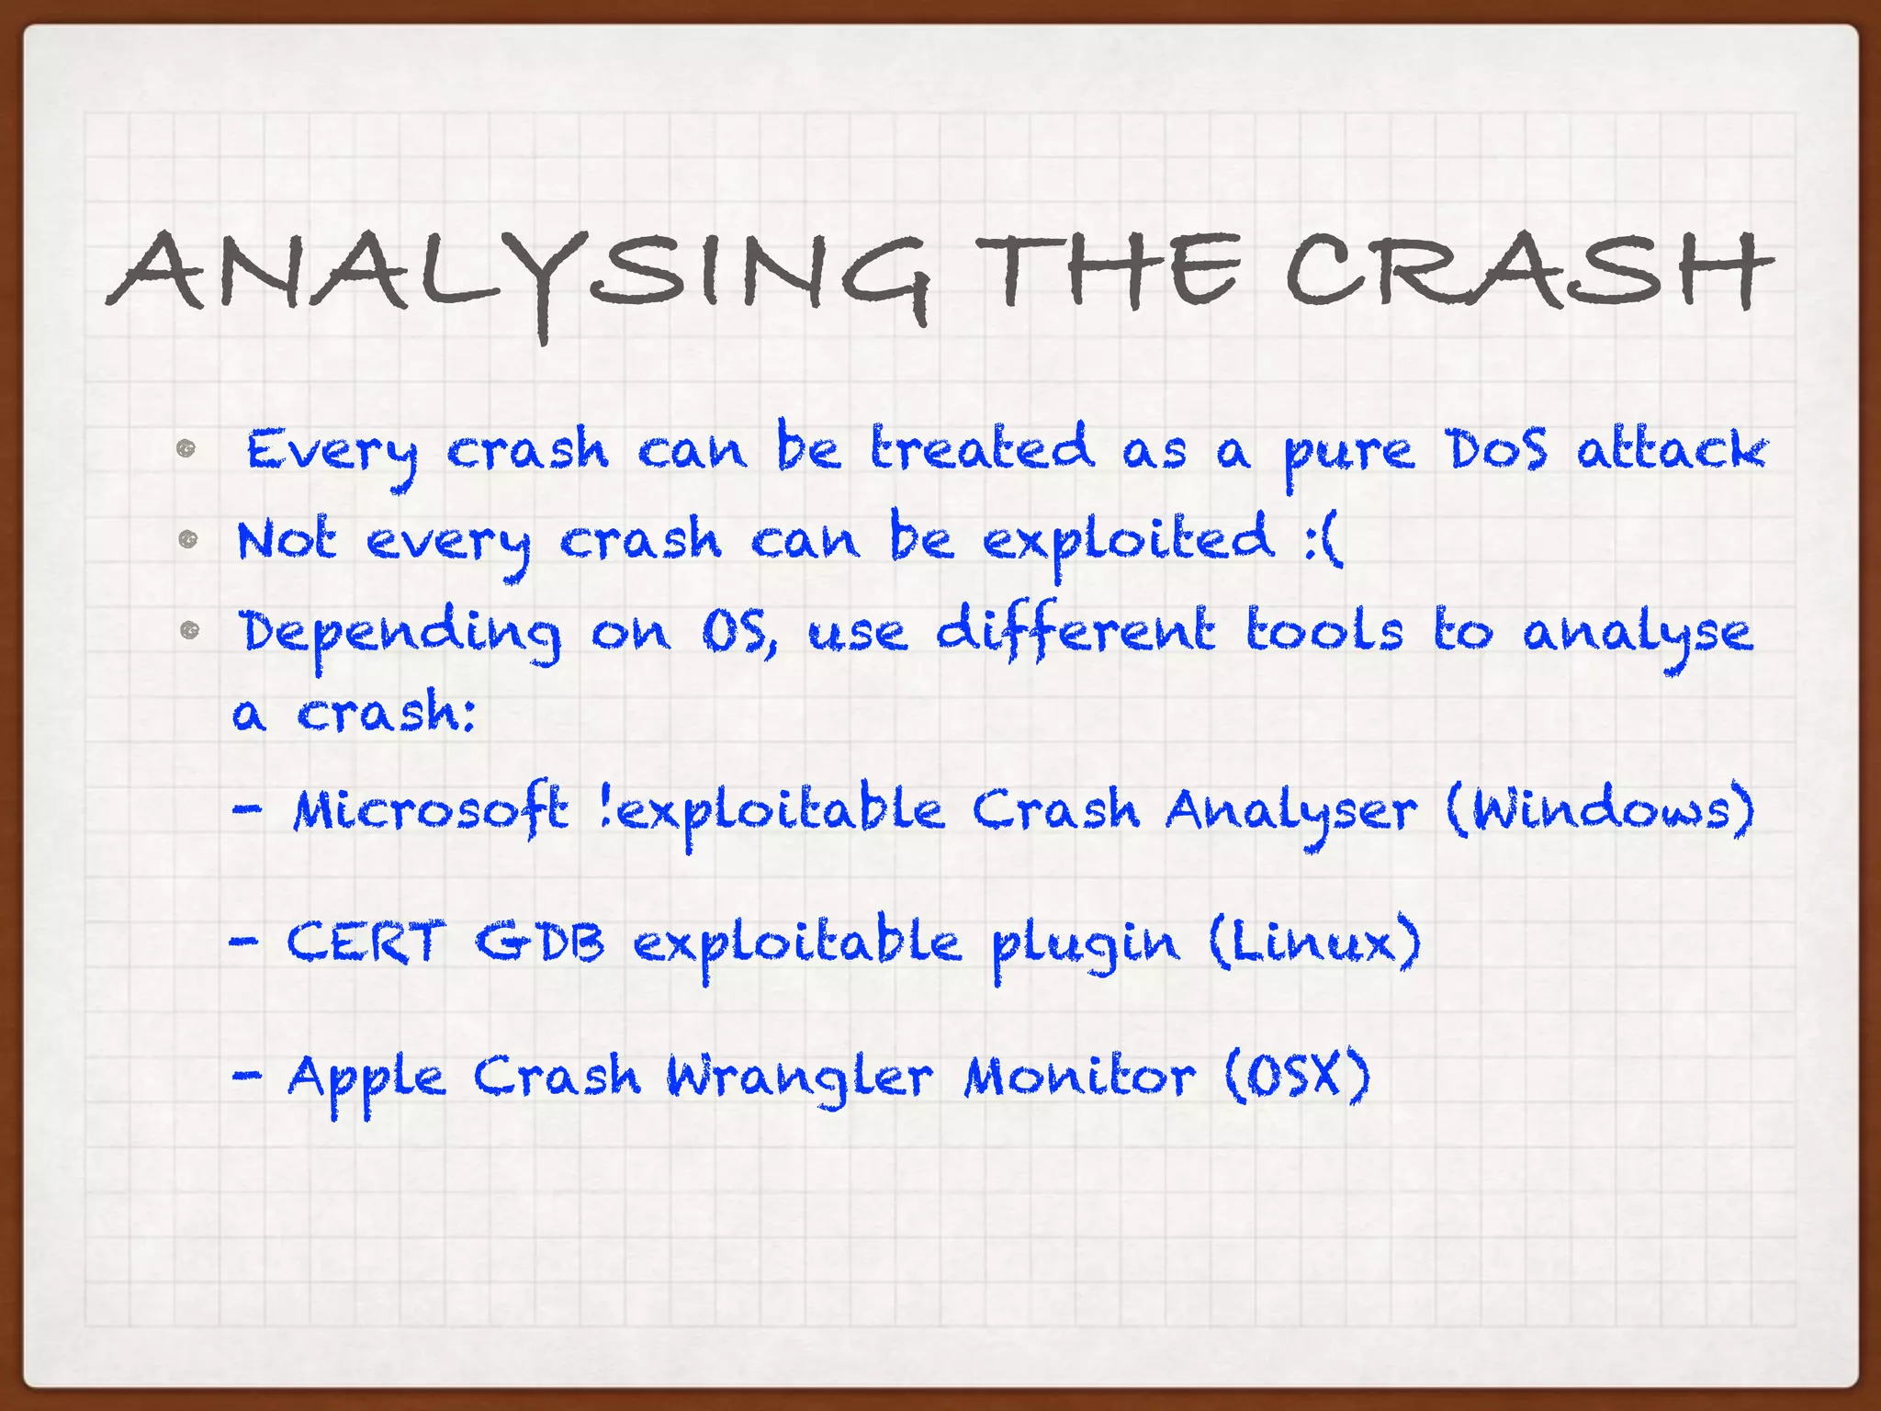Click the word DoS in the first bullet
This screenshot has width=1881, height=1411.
1496,450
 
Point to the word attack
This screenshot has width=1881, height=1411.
1672,450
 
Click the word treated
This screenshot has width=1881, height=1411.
982,448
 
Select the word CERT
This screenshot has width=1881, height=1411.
366,943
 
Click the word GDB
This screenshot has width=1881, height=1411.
540,943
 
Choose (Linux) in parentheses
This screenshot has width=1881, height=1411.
1314,943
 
